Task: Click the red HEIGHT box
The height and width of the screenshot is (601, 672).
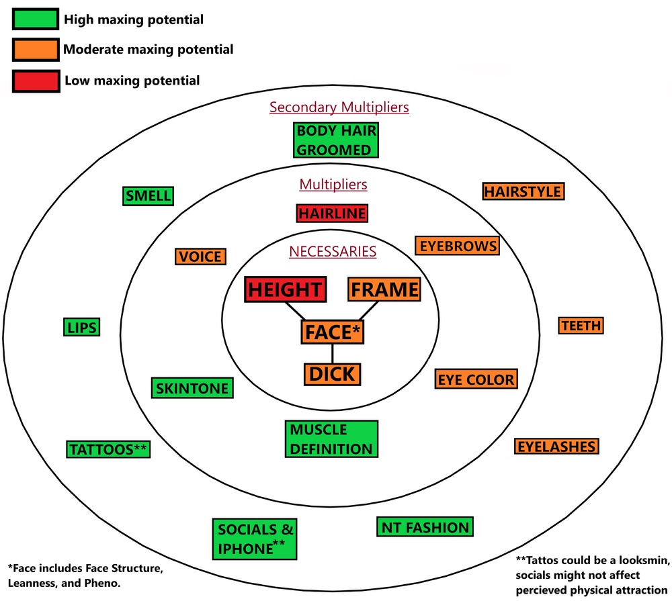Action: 286,289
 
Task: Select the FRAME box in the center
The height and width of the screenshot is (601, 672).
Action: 384,289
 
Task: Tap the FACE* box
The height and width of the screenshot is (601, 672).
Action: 333,332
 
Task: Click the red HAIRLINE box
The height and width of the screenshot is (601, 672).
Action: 333,214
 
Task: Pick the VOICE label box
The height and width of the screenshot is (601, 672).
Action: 200,257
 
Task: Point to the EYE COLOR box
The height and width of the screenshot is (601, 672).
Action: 476,379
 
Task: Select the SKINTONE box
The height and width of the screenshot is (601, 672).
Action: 192,388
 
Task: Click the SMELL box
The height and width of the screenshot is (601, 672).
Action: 148,196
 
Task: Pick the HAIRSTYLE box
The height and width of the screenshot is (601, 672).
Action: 523,191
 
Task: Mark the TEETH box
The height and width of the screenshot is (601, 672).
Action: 581,326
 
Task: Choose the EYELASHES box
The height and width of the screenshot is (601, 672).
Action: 556,447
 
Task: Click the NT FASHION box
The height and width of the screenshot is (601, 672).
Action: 425,527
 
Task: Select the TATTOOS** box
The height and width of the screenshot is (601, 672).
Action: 108,449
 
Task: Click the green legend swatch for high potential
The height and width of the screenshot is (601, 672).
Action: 34,19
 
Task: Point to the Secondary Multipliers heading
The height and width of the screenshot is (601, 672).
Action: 339,107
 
